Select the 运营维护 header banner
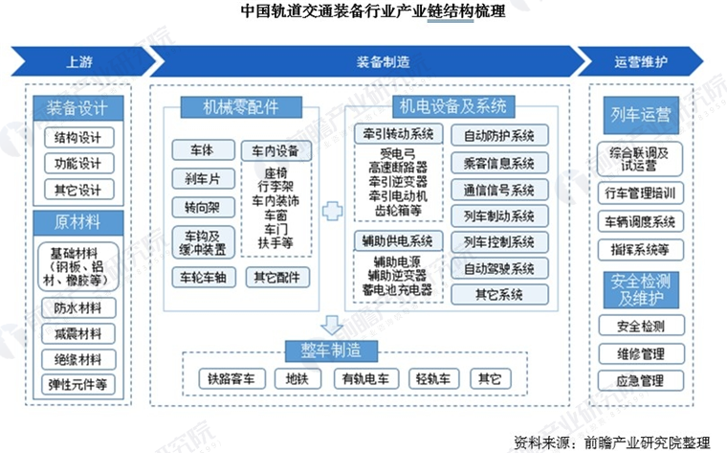(640, 62)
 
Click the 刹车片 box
(202, 178)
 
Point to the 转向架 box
(202, 207)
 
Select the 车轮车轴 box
(202, 278)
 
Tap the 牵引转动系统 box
(398, 133)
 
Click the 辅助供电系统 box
(398, 238)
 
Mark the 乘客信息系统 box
(498, 163)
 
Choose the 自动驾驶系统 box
(498, 267)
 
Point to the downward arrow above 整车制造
(333, 323)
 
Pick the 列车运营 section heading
(640, 116)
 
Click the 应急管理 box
(640, 380)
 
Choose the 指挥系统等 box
(640, 249)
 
